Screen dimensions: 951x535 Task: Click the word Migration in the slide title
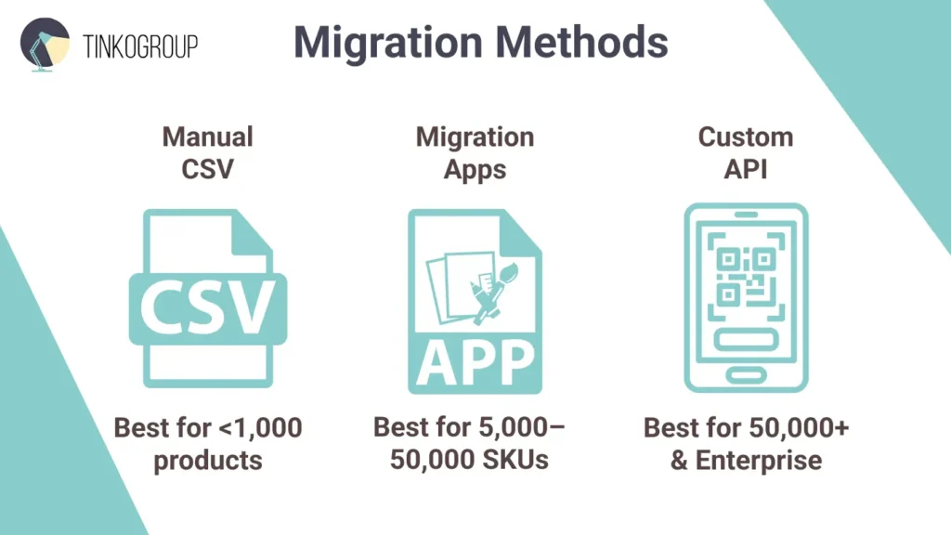click(388, 44)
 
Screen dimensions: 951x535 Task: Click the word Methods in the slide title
click(581, 43)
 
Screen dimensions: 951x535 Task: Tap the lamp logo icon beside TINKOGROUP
click(45, 45)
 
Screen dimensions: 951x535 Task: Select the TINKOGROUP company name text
click(140, 46)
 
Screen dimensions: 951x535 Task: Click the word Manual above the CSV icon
click(207, 137)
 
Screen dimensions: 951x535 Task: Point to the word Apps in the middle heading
click(475, 170)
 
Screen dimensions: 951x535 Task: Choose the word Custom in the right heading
click(746, 137)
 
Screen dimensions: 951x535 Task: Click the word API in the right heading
click(746, 169)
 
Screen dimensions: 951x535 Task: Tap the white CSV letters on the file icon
click(207, 307)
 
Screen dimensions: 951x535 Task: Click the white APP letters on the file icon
click(475, 362)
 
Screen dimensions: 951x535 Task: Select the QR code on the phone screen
click(746, 277)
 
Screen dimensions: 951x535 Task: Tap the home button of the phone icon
click(746, 375)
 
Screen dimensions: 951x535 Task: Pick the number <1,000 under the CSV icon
click(260, 427)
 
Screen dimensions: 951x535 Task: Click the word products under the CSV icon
click(208, 461)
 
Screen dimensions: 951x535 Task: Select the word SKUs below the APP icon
click(516, 459)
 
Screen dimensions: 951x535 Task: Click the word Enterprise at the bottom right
click(759, 461)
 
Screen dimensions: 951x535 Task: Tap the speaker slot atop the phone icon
click(746, 215)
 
